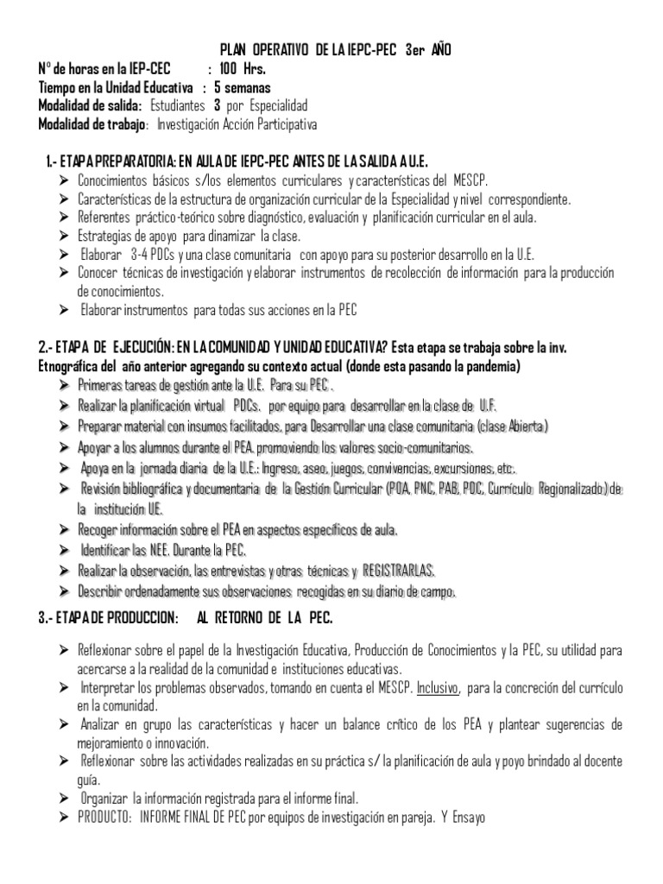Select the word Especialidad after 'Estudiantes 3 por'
(275, 106)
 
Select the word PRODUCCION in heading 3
(134, 595)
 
